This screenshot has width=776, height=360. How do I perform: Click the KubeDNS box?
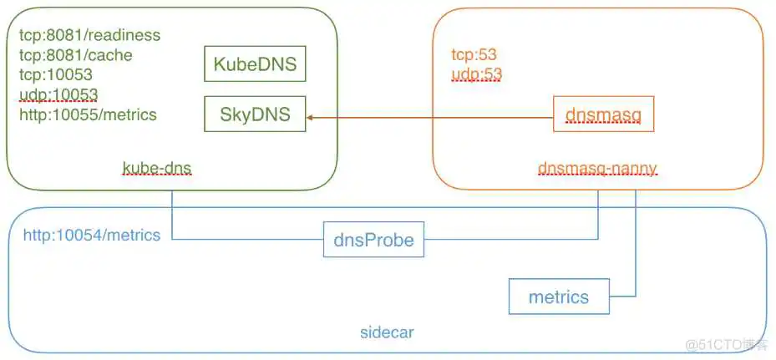255,64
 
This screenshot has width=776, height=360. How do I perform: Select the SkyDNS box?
255,114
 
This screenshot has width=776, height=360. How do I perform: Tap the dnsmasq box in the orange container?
603,114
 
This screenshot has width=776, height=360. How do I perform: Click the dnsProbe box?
373,240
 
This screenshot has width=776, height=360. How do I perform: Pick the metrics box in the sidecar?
558,297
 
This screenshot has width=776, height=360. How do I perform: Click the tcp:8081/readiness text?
89,35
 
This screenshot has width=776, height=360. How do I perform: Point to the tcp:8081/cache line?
76,55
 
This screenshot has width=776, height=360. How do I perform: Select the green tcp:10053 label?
56,75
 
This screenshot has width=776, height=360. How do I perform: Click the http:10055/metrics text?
88,114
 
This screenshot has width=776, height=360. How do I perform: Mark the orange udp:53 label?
477,74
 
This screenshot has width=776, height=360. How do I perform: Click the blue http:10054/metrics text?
92,235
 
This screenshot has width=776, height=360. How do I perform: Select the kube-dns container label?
157,169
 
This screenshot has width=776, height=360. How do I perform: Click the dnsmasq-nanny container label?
597,169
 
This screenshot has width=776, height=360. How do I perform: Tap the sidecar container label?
386,332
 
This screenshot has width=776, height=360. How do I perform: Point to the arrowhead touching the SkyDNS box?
311,118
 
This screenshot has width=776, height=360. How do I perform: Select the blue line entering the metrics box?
622,297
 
